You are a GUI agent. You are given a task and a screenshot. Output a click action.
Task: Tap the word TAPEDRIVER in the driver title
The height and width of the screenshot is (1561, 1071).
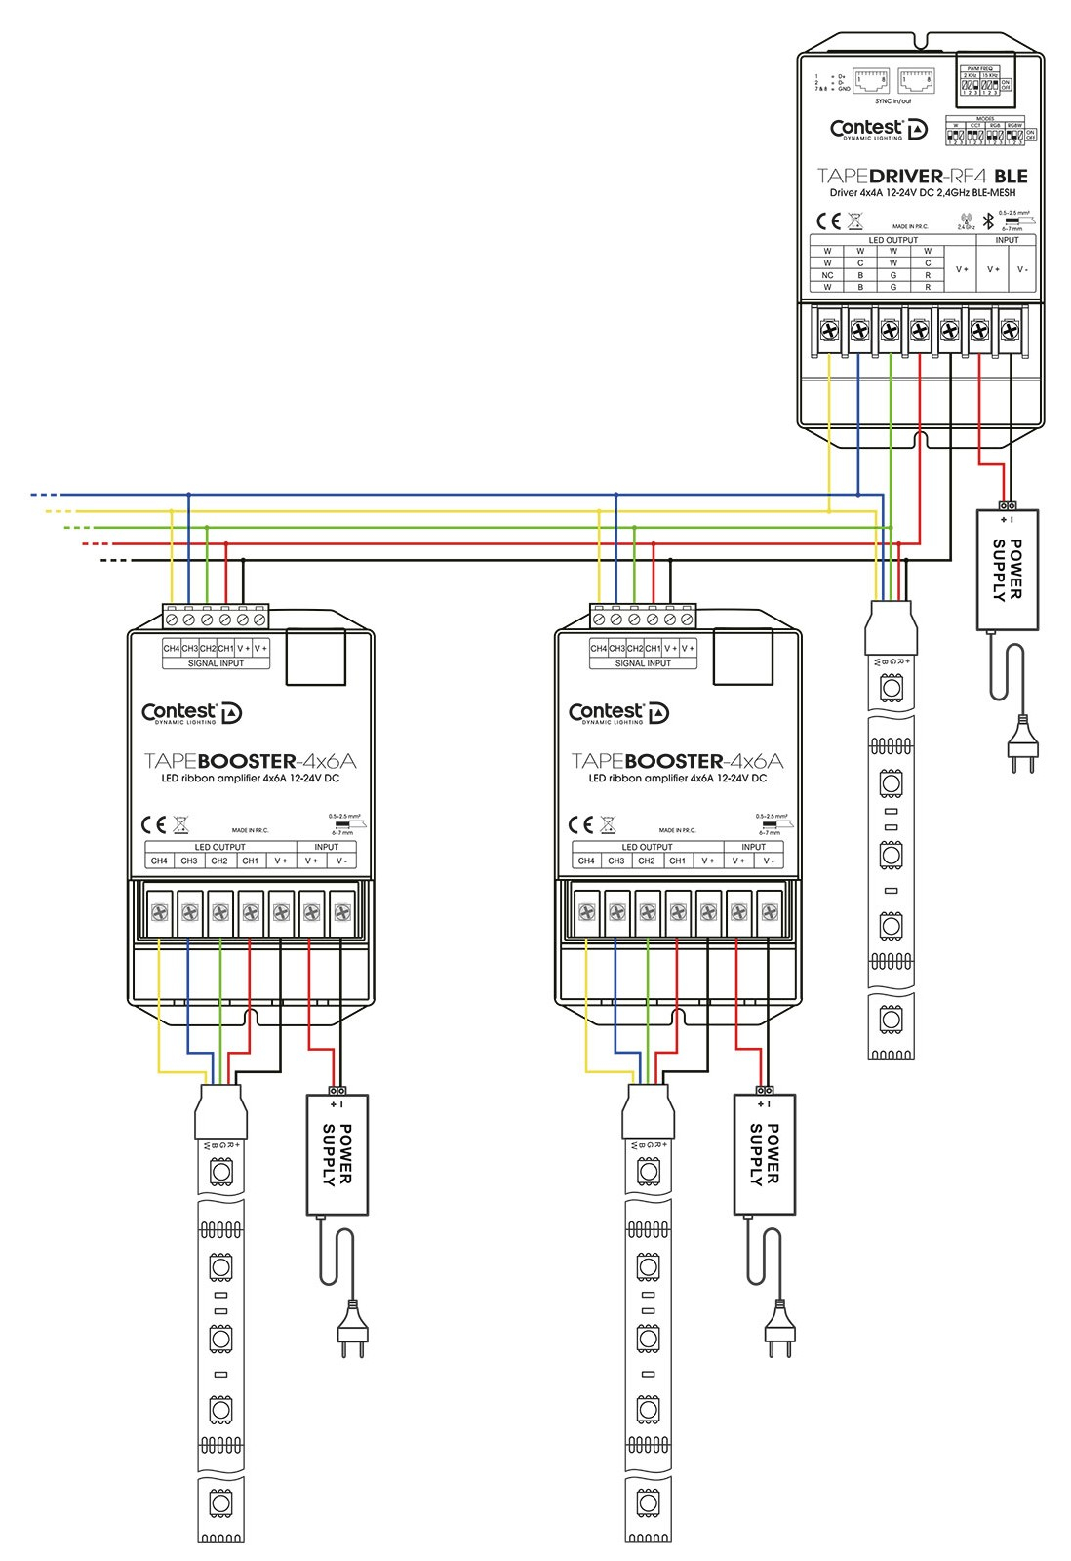click(x=879, y=177)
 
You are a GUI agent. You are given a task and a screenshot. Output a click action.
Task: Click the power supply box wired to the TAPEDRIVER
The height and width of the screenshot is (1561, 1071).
click(x=1008, y=569)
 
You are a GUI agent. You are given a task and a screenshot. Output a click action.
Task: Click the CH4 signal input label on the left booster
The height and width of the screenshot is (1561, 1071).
click(x=172, y=648)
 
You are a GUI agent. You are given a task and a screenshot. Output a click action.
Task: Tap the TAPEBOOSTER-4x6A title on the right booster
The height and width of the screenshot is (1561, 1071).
click(x=677, y=761)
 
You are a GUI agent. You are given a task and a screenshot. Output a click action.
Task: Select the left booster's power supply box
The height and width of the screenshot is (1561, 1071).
click(x=337, y=1154)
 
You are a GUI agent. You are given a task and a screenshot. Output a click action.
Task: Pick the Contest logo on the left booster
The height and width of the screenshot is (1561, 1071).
click(x=192, y=713)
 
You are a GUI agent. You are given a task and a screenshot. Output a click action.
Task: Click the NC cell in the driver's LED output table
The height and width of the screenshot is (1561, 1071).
click(x=827, y=275)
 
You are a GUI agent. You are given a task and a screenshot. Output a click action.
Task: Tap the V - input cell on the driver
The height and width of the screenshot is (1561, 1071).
click(x=1022, y=269)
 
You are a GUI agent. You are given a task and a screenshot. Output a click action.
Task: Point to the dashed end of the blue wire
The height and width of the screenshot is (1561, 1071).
click(x=44, y=495)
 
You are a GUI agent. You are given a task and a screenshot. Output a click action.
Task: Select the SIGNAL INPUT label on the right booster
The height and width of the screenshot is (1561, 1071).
click(x=643, y=663)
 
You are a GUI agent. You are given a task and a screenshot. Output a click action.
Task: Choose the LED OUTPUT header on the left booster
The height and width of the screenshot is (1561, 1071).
click(x=219, y=847)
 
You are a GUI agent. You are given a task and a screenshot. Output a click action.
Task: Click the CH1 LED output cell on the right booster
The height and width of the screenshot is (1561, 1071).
click(x=677, y=861)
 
